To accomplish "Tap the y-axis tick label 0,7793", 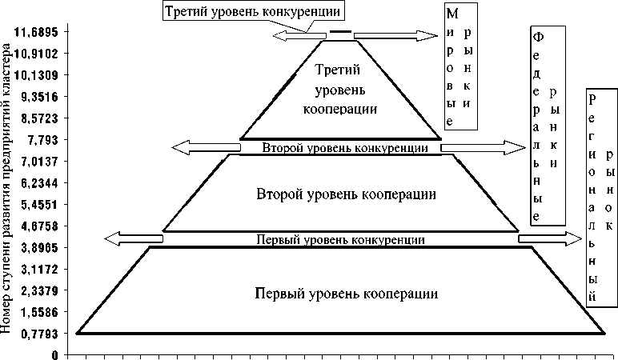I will (42, 334).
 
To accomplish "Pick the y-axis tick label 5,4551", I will (42, 204).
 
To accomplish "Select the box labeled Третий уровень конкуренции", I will (255, 11).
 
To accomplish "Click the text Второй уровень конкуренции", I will (339, 147).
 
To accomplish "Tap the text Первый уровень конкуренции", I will (339, 239).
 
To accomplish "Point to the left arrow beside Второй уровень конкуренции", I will (207, 146).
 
